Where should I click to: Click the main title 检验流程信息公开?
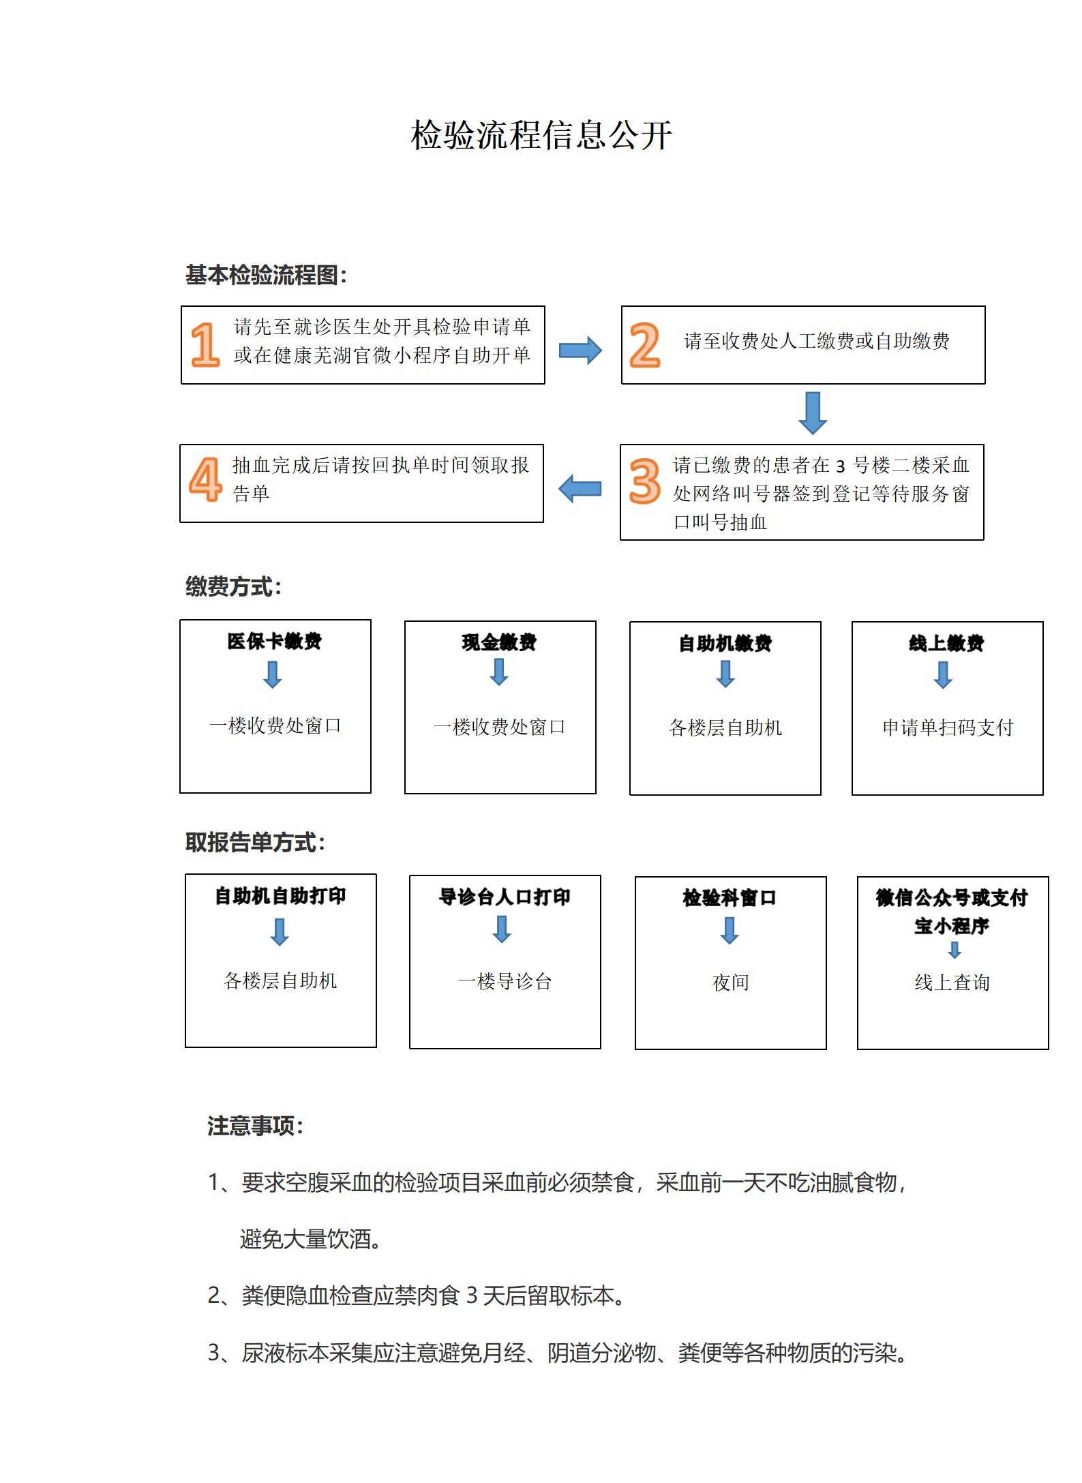coord(541,135)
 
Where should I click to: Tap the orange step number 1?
coord(205,344)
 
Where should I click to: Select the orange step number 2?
coord(645,345)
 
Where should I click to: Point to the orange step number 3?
coord(644,481)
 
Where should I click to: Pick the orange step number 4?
coord(206,479)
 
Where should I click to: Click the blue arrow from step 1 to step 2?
coord(580,350)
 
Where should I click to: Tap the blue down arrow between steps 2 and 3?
coord(813,413)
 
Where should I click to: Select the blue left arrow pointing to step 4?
coord(580,488)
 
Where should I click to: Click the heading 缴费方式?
coord(233,586)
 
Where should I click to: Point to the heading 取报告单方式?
coord(255,842)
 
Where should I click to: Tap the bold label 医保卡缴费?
coord(275,641)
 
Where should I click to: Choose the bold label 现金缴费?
coord(500,642)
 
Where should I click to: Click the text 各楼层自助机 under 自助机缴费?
coord(725,728)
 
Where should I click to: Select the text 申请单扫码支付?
coord(948,728)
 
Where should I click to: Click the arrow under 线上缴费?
coord(943,675)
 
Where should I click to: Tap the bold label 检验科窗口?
coord(730,897)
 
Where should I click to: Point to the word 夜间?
coord(731,982)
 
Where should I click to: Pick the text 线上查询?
coord(952,982)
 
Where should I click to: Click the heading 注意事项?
coord(255,1125)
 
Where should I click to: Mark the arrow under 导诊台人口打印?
coord(502,929)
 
